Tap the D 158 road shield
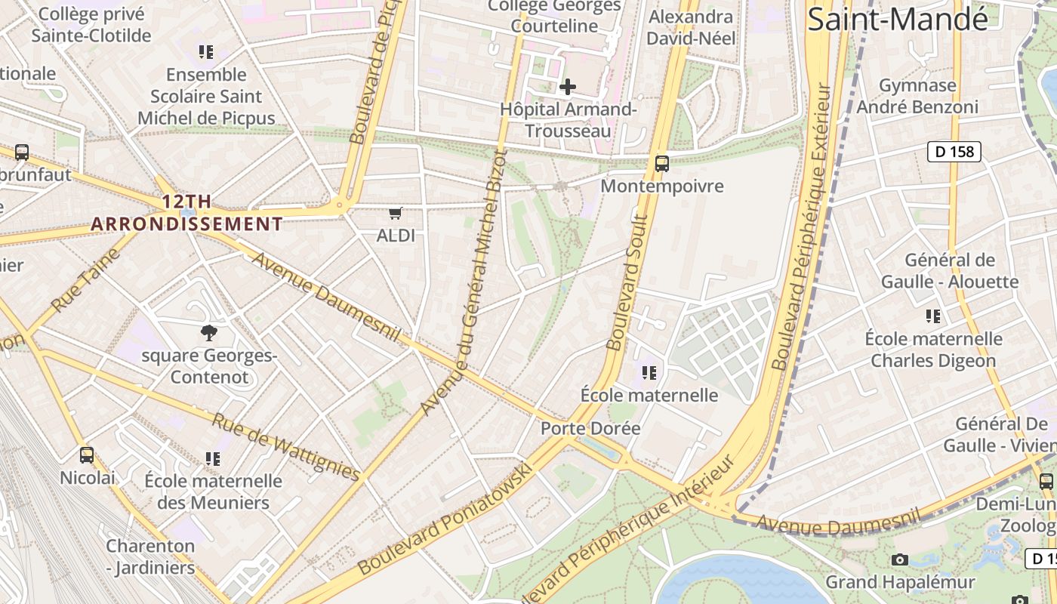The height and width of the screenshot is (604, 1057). (954, 152)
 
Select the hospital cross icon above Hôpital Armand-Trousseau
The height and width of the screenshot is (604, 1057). (567, 87)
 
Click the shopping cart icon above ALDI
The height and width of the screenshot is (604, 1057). (396, 214)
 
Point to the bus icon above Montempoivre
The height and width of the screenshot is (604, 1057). (662, 163)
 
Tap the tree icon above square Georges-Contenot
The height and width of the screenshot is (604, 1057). (208, 332)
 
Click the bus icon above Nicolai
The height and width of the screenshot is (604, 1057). (87, 455)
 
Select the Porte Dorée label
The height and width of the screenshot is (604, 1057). (590, 428)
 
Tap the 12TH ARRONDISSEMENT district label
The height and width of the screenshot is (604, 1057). (186, 213)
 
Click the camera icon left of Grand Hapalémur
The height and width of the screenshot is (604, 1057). (899, 559)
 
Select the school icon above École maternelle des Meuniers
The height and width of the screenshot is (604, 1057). (213, 458)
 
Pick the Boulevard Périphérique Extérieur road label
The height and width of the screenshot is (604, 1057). (802, 226)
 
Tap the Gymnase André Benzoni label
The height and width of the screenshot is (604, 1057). (917, 96)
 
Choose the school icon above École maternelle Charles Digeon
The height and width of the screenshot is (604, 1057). (933, 316)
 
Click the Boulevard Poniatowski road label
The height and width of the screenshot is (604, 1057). (445, 520)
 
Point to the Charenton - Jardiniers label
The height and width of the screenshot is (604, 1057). (150, 556)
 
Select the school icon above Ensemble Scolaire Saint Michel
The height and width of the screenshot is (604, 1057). (205, 52)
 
